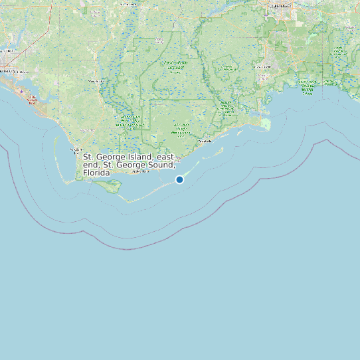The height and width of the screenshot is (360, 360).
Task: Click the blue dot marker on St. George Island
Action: [179, 179]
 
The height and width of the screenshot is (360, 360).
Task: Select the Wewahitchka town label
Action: [97, 81]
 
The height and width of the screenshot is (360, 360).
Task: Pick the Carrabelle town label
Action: [204, 141]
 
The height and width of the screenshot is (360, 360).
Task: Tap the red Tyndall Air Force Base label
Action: [31, 100]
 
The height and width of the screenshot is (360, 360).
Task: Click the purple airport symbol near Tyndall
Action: [21, 91]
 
